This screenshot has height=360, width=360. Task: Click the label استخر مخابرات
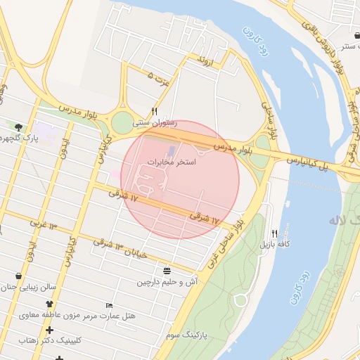tap(171, 162)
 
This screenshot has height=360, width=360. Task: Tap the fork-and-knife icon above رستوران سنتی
tap(155, 111)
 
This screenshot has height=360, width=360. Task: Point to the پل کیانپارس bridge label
tap(316, 162)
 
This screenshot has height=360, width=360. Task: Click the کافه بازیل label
tap(277, 244)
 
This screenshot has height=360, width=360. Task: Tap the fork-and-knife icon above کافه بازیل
tap(274, 233)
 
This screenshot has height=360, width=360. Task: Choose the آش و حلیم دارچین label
tap(167, 282)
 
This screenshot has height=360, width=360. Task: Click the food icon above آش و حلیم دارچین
tap(167, 271)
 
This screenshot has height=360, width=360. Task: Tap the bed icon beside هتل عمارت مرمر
tap(108, 305)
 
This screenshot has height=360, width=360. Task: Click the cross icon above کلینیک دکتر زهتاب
tap(49, 329)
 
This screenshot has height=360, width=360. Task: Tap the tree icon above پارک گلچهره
tap(18, 127)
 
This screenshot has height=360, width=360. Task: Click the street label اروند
tap(205, 60)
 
